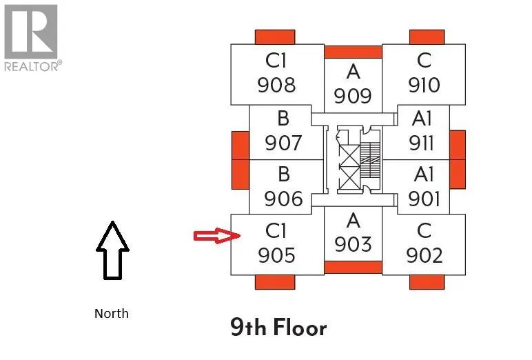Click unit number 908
pos(276,85)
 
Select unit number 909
pos(353,95)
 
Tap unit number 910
pos(424,85)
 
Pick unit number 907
pos(283,142)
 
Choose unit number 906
pos(283,199)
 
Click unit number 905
pos(276,254)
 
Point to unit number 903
pos(353,244)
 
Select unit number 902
pos(424,254)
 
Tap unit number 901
pos(424,199)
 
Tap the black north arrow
pos(112,250)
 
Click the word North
pos(112,313)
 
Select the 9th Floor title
pos(278,327)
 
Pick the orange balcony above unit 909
pos(353,52)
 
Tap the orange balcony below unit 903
pos(353,268)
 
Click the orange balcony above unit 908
pos(275,37)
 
